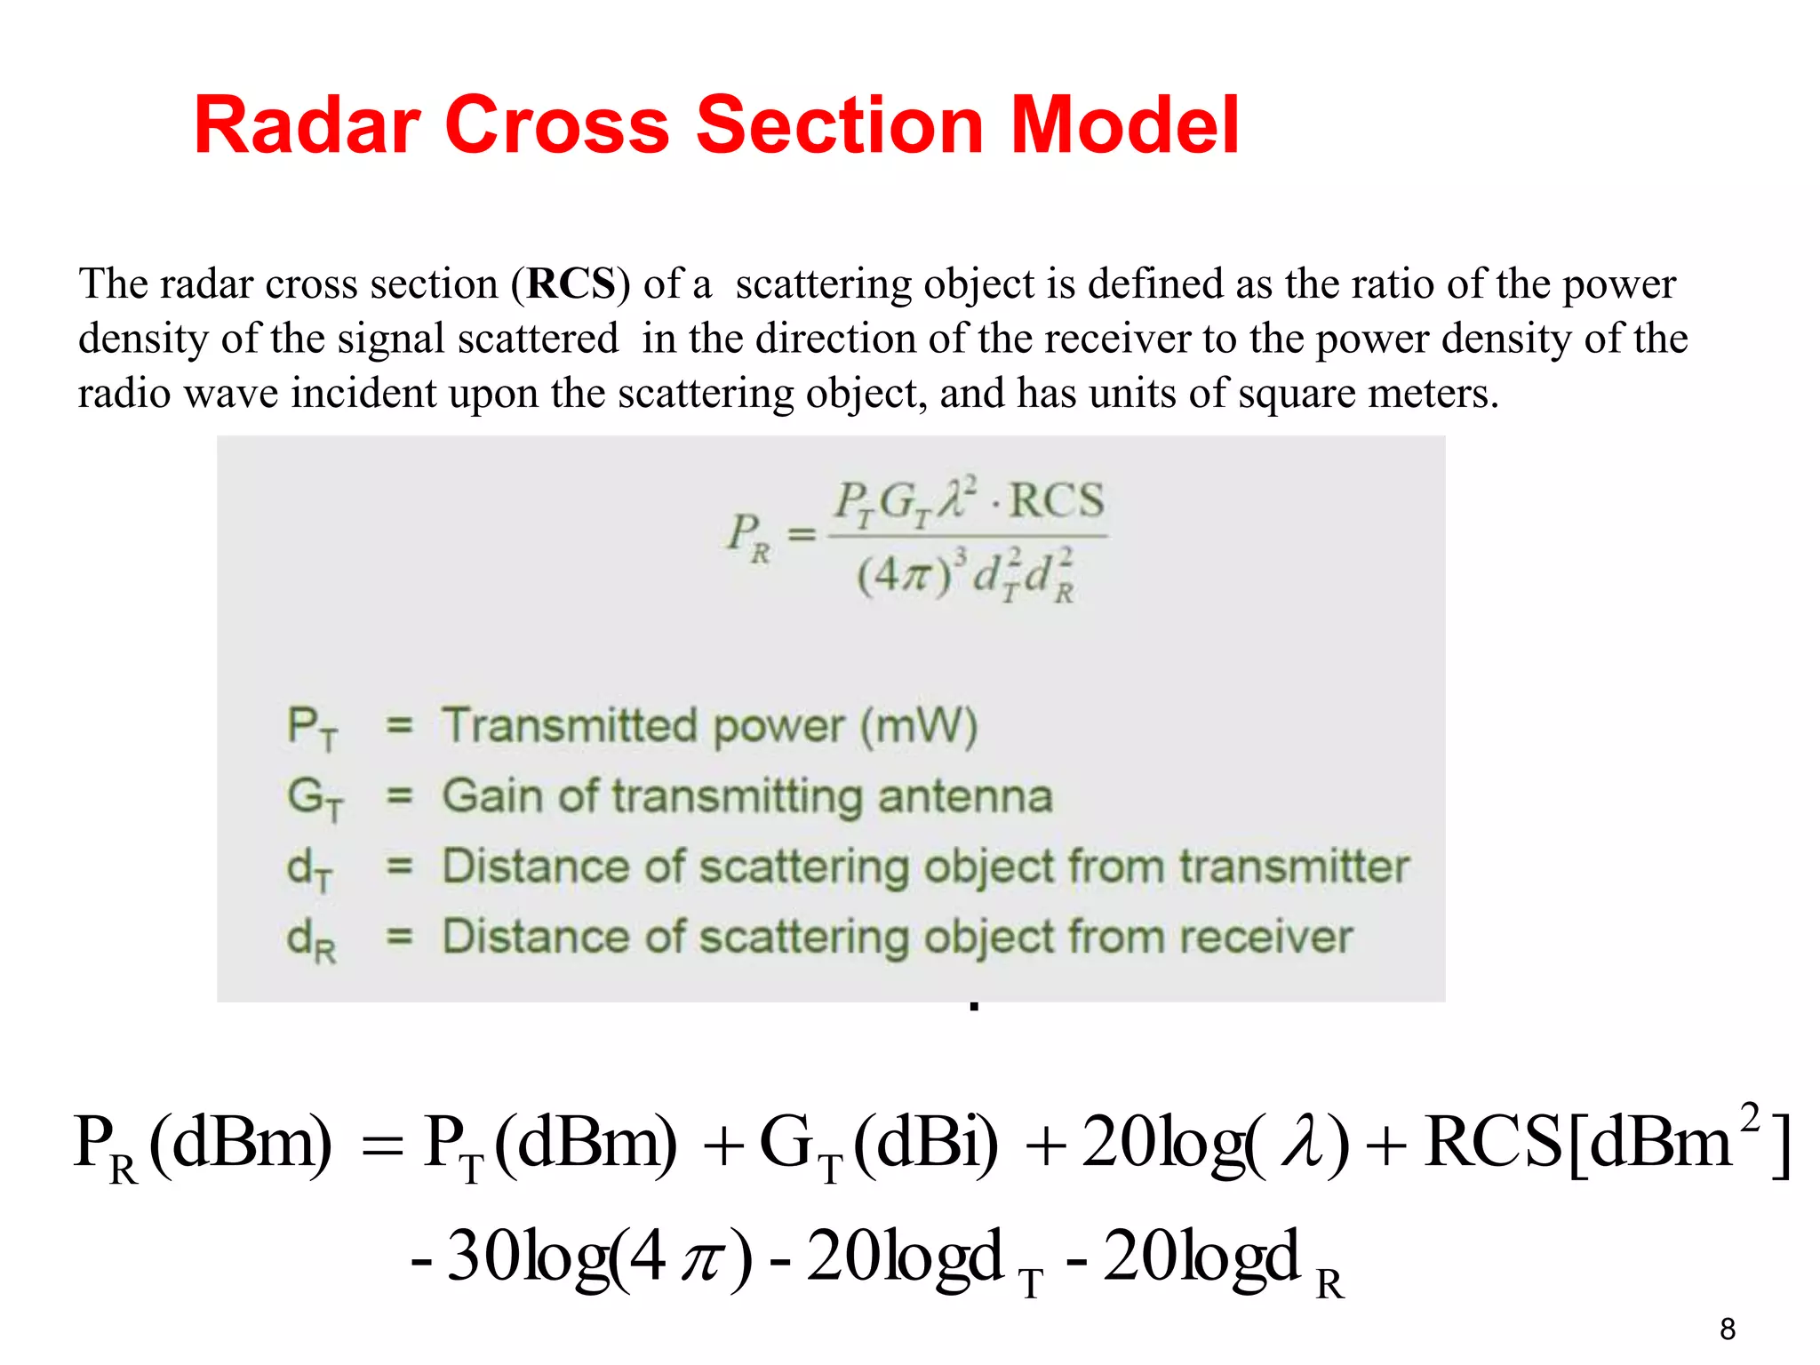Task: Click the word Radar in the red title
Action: coord(307,125)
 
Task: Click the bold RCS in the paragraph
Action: coord(571,284)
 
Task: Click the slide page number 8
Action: coord(1727,1329)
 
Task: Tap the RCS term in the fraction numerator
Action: coord(1057,500)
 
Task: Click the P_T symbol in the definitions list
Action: coord(312,728)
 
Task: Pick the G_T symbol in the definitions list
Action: coord(314,797)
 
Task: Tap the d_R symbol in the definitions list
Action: coord(311,939)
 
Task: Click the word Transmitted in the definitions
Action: coord(570,726)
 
